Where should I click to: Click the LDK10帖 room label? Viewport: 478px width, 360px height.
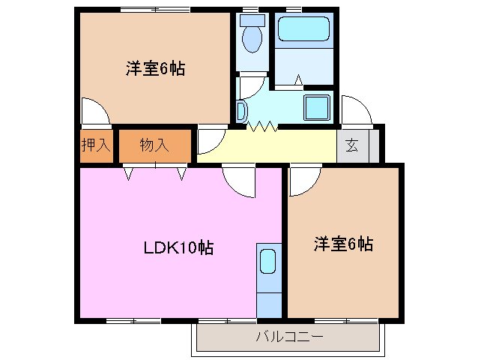[x=178, y=247]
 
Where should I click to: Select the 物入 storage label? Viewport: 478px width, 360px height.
[x=154, y=145]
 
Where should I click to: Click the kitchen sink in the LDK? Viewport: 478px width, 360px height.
[x=268, y=262]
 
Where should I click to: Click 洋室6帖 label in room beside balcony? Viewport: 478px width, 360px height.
[x=343, y=244]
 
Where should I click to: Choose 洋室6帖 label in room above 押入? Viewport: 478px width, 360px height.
[x=155, y=69]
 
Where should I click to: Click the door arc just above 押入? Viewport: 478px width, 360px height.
[x=96, y=112]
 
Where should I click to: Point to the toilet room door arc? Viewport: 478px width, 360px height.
[x=251, y=84]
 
